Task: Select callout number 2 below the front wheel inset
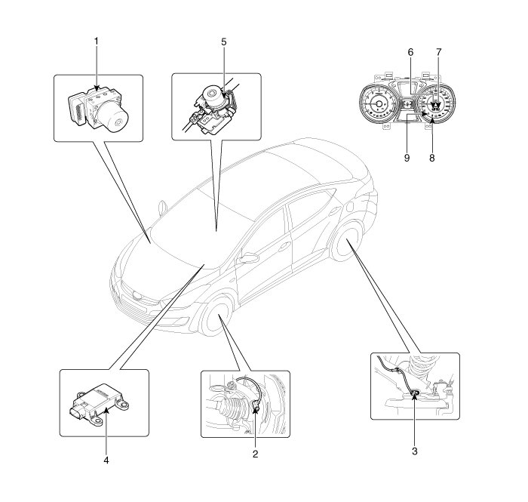coord(256,454)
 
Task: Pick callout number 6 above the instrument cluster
coord(410,52)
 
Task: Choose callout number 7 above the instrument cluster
coord(437,52)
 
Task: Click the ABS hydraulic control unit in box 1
coord(97,106)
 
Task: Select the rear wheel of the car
coord(348,243)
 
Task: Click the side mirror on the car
coord(246,259)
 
